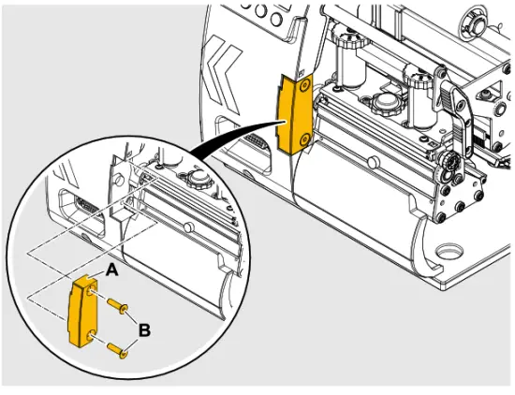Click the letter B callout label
(144, 329)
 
